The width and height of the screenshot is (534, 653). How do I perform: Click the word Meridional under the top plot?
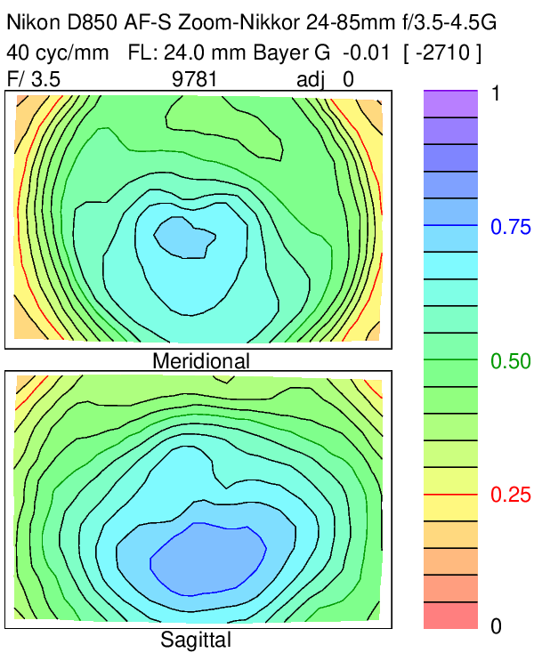click(x=201, y=360)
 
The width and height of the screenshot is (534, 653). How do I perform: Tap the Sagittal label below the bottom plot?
click(x=196, y=639)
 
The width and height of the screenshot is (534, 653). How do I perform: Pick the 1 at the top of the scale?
click(x=497, y=93)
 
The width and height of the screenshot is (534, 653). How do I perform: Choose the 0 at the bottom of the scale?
click(x=497, y=627)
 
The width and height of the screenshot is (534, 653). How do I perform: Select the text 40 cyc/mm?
click(x=58, y=52)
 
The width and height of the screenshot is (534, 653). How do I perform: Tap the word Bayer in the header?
click(x=278, y=52)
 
